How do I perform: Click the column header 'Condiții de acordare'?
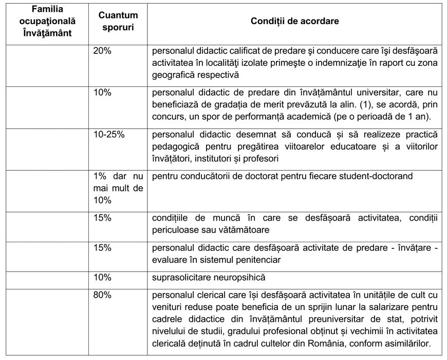[x=294, y=21]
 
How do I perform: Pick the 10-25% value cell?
[x=109, y=134]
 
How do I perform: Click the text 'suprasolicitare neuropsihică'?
[x=209, y=277]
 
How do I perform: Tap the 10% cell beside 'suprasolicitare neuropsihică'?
[x=102, y=277]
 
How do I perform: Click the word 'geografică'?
[x=173, y=75]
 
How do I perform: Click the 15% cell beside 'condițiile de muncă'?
[x=102, y=218]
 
